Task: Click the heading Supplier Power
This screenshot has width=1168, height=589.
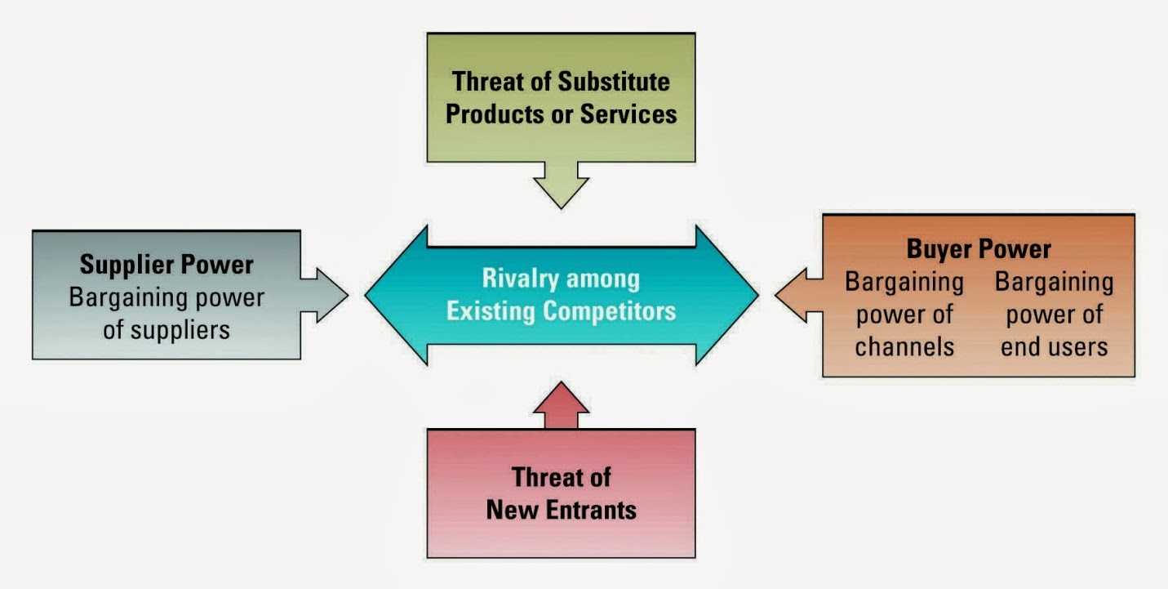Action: coord(167,265)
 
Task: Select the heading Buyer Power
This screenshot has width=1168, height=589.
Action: coord(979,248)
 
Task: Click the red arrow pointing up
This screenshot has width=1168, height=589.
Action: coord(561,405)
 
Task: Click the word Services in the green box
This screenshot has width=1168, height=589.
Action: coord(628,114)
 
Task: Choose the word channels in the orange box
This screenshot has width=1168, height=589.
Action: coord(904,346)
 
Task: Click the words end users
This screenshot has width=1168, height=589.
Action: coord(1054,346)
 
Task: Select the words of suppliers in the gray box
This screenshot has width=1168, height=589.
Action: coord(167,329)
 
